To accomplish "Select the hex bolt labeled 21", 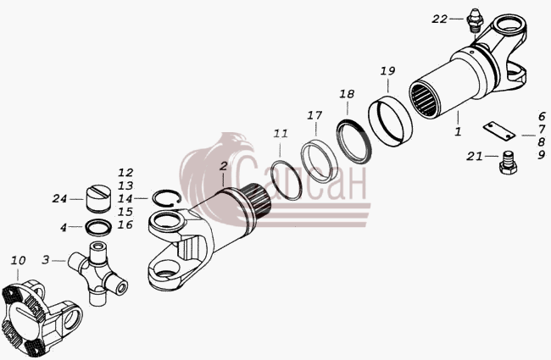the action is (508, 163).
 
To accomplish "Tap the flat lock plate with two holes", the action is (498, 131).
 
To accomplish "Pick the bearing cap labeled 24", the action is (98, 198).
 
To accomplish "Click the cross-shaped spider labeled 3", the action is (97, 272).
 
